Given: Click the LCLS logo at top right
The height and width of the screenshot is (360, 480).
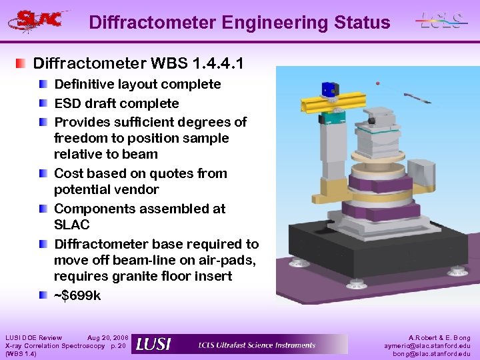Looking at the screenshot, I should [441, 20].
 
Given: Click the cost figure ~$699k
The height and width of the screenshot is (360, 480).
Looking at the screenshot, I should [77, 295].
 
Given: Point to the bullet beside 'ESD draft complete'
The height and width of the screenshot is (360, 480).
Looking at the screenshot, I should [43, 103].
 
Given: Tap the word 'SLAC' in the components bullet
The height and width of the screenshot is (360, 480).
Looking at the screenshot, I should [71, 225].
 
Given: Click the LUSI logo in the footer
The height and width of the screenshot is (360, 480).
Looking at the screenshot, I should [153, 344].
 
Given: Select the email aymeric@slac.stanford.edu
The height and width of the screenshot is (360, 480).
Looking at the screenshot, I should [427, 346].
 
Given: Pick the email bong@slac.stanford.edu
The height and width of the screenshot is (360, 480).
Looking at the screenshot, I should [431, 354].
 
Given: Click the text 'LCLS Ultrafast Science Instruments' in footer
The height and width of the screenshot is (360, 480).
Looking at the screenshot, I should [257, 345].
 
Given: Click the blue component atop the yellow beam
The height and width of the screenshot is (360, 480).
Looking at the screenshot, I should [328, 89].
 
